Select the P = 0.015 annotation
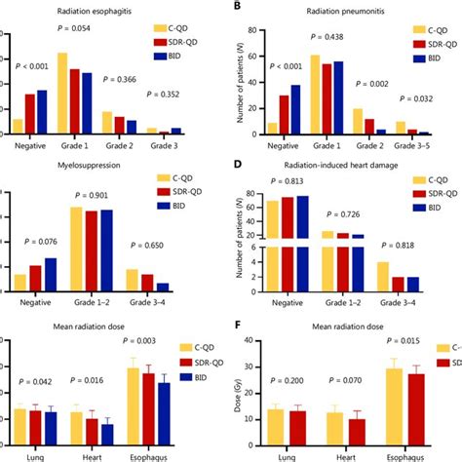pyautogui.click(x=405, y=342)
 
